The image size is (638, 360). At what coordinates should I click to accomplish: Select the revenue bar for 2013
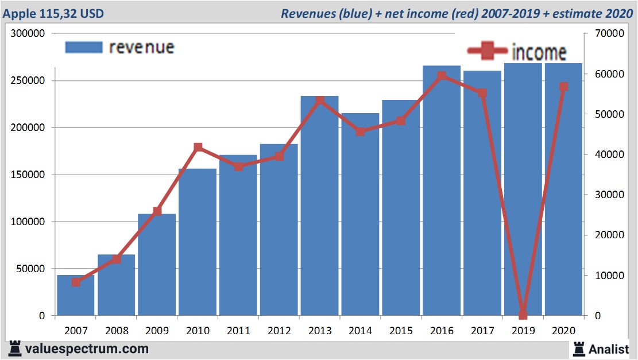[320, 207]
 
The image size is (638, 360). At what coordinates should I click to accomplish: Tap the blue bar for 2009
[157, 264]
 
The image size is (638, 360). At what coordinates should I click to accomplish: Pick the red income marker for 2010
[198, 148]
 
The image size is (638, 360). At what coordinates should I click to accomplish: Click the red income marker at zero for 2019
[523, 315]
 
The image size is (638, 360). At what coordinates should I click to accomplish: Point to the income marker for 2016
[442, 76]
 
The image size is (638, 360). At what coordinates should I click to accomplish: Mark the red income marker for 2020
[564, 87]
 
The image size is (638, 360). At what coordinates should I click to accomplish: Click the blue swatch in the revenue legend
[83, 47]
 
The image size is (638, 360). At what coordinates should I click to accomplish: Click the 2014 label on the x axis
[361, 331]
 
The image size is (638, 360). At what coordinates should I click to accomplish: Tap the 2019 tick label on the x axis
[523, 331]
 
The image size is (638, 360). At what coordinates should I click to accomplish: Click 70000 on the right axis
[610, 34]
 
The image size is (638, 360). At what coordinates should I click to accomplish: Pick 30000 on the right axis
[610, 195]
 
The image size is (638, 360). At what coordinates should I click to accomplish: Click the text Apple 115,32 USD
[53, 13]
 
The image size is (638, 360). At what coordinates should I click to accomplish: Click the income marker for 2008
[117, 259]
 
